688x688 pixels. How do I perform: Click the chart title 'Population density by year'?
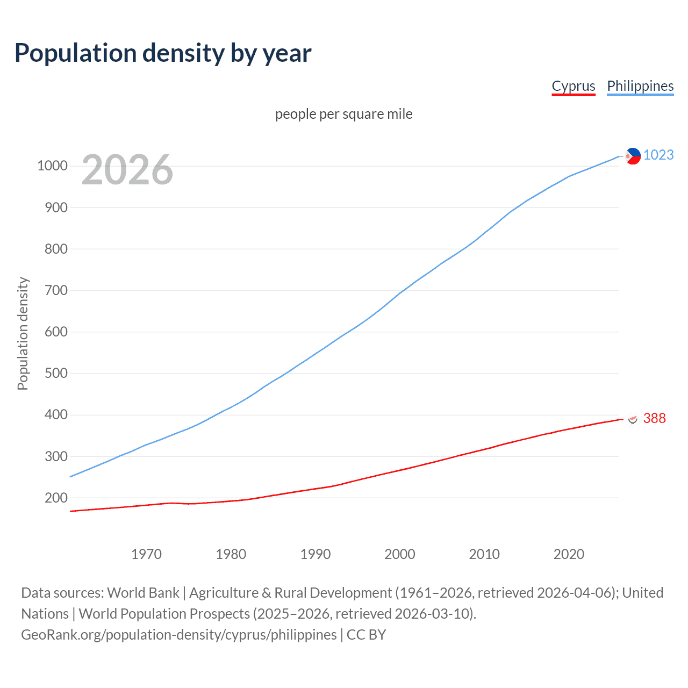(x=163, y=53)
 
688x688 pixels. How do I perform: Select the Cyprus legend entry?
(x=573, y=86)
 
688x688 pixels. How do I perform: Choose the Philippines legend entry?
(x=640, y=86)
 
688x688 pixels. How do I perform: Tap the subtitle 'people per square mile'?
(x=343, y=114)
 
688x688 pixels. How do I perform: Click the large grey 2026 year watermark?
(x=127, y=170)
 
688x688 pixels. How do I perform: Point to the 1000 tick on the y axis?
(x=52, y=166)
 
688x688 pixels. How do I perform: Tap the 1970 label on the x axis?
(x=146, y=554)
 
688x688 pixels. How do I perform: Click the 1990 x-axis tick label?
(x=316, y=554)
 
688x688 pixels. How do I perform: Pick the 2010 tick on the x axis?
(x=484, y=554)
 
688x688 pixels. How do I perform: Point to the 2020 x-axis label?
(x=569, y=554)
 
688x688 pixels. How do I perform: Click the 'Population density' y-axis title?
(x=23, y=333)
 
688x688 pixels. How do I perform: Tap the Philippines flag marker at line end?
(x=633, y=156)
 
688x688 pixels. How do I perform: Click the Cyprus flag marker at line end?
(x=633, y=419)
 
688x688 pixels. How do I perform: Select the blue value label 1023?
(x=658, y=155)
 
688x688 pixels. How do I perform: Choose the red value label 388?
(x=654, y=418)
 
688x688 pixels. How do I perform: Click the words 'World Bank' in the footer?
(x=143, y=592)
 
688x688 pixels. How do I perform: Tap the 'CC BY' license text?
(x=366, y=634)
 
